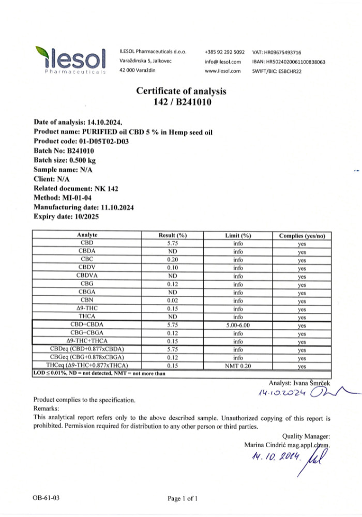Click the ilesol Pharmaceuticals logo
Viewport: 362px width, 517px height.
tap(71, 60)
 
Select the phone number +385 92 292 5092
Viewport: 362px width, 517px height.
tap(224, 52)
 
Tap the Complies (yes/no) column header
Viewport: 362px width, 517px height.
tap(302, 236)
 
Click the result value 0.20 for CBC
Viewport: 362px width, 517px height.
tap(173, 260)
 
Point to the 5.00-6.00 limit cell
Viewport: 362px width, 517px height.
tap(238, 325)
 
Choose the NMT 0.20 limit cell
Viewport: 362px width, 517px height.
tap(238, 366)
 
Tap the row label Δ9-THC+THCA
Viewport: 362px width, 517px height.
tap(87, 341)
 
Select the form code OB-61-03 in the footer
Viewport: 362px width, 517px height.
tap(47, 498)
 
